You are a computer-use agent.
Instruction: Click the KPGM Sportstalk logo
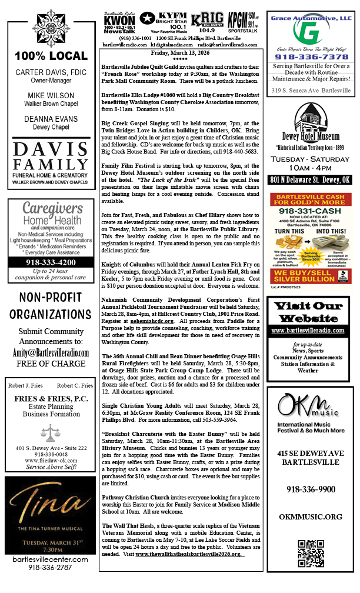242,23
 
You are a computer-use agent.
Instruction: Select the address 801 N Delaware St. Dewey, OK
311,179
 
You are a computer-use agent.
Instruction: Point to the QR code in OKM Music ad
311,553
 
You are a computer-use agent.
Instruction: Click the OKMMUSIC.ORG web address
311,517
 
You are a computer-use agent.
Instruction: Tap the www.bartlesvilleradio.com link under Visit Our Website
311,331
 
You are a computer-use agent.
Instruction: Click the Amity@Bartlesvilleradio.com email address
50,352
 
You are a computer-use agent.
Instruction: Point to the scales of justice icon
49,434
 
